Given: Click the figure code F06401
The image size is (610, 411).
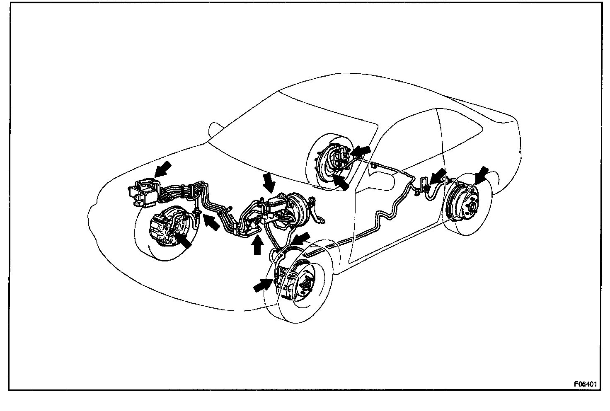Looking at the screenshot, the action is pos(585,384).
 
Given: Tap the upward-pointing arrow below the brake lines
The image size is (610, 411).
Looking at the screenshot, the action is pos(257,245).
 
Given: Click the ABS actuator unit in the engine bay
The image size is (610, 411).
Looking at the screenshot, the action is pos(143,192).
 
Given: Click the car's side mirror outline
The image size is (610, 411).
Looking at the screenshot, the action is pos(214,128).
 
